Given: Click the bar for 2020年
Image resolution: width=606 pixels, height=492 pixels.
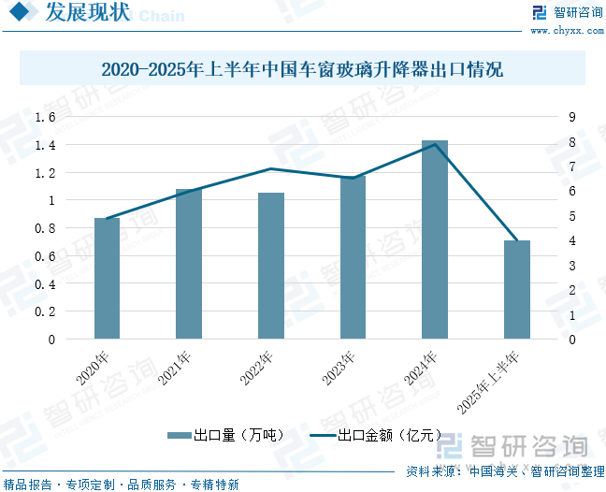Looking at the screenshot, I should (x=107, y=278).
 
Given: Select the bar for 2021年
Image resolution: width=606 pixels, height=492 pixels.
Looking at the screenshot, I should (x=189, y=263).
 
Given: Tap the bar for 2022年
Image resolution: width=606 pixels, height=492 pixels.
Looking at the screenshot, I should (x=271, y=266).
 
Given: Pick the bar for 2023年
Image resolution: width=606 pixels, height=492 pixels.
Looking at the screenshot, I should (x=353, y=257).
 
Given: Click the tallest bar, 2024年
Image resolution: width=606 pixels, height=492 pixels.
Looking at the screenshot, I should (x=435, y=239).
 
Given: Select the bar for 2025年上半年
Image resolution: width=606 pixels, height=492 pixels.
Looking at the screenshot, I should (x=517, y=289).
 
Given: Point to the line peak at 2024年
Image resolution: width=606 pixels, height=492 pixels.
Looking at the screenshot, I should (x=435, y=144).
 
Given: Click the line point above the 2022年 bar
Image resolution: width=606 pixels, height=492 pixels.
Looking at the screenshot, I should (x=271, y=169).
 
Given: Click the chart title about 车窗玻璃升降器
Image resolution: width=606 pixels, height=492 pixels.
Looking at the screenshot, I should (x=302, y=69).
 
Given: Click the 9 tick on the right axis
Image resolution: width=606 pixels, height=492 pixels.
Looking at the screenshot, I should (x=570, y=117).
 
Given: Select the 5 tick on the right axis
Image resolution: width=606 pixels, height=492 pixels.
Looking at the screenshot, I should (x=570, y=216).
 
